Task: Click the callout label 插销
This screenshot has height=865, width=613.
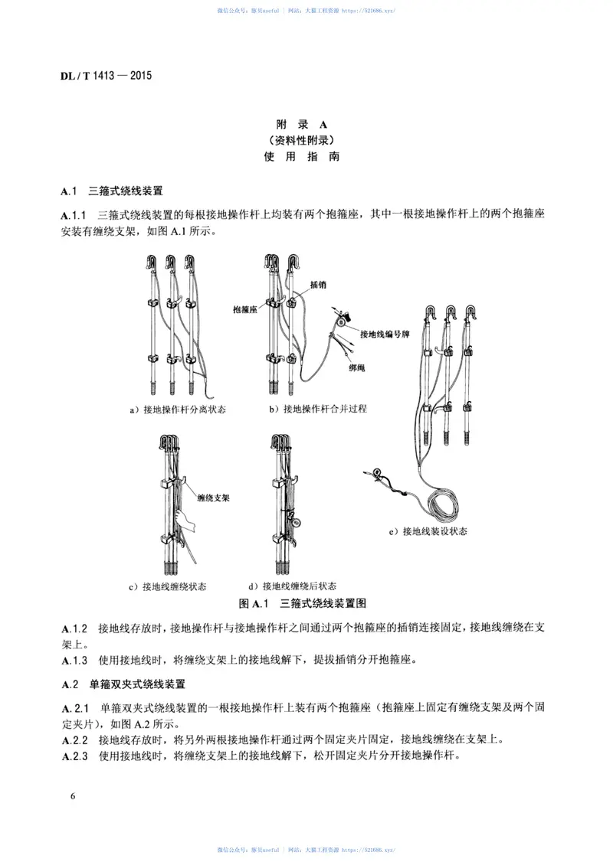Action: (318, 283)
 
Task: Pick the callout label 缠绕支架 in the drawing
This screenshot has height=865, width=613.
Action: (214, 496)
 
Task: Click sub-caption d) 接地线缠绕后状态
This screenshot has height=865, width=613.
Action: (292, 586)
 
